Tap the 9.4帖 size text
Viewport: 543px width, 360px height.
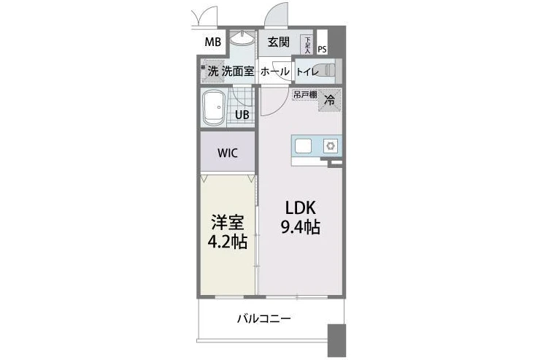click(x=300, y=226)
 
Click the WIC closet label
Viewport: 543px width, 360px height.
click(x=227, y=154)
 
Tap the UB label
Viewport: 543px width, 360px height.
click(x=242, y=115)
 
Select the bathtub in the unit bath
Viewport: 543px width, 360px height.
click(x=215, y=108)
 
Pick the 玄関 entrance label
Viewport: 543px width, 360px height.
click(x=278, y=42)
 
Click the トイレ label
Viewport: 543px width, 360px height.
click(x=307, y=72)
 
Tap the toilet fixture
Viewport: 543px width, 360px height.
click(x=331, y=71)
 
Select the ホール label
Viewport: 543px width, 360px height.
click(x=274, y=72)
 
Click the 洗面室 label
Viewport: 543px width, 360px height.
click(x=238, y=72)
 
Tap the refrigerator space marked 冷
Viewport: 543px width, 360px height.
click(x=330, y=101)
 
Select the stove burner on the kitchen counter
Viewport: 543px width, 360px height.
click(x=330, y=146)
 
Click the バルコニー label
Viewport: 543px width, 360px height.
click(x=264, y=319)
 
